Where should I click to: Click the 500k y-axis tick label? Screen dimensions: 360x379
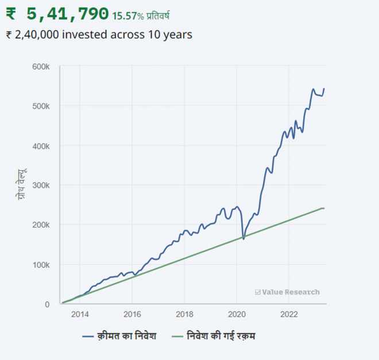click(41, 106)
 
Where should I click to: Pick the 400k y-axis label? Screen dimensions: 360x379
click(41, 146)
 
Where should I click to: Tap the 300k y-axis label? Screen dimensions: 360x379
click(41, 185)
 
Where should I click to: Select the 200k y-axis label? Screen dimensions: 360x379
click(41, 225)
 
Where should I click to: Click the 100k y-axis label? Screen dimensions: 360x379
click(41, 265)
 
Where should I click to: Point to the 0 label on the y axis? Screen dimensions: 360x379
click(48, 304)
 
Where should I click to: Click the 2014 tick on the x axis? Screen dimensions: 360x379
click(80, 314)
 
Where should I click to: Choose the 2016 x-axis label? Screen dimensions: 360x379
click(132, 314)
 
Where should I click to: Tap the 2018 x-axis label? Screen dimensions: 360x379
click(184, 314)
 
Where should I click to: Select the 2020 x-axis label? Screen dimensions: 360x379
click(237, 314)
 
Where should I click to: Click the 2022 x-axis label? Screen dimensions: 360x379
click(289, 314)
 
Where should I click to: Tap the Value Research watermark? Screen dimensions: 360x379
click(287, 292)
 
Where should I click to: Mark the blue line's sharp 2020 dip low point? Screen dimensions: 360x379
click(243, 238)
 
